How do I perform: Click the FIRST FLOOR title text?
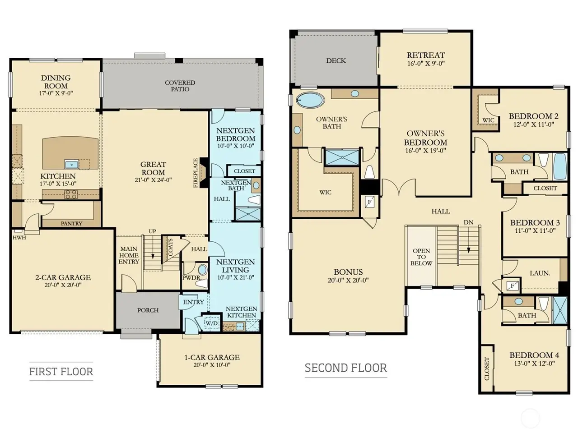pyautogui.click(x=61, y=372)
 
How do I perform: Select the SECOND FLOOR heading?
pyautogui.click(x=346, y=368)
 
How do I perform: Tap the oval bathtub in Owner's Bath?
pyautogui.click(x=311, y=100)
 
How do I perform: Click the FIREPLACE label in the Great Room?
pyautogui.click(x=196, y=173)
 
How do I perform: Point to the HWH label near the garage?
pyautogui.click(x=19, y=238)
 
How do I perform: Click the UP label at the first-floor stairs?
pyautogui.click(x=153, y=231)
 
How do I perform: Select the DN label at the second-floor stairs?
pyautogui.click(x=468, y=222)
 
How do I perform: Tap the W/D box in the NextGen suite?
pyautogui.click(x=212, y=323)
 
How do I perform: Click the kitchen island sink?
pyautogui.click(x=72, y=165)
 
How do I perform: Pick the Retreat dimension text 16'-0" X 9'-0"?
pyautogui.click(x=426, y=63)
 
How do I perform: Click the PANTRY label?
pyautogui.click(x=71, y=223)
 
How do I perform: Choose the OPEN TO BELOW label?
pyautogui.click(x=421, y=257)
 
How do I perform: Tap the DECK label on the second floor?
pyautogui.click(x=336, y=61)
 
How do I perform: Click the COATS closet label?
pyautogui.click(x=170, y=247)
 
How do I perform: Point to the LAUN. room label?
pyautogui.click(x=540, y=273)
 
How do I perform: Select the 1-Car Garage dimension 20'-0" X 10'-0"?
pyautogui.click(x=212, y=365)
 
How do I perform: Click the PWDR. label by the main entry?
pyautogui.click(x=191, y=278)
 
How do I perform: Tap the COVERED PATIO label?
pyautogui.click(x=180, y=86)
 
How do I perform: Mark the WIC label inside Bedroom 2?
pyautogui.click(x=488, y=120)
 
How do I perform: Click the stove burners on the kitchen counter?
pyautogui.click(x=71, y=194)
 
